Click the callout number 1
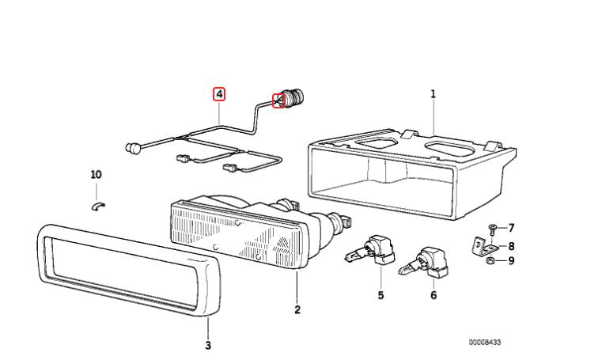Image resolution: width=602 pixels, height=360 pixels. pos(433,93)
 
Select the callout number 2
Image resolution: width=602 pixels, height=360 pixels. pos(297,309)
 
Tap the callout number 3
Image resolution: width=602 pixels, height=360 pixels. pos(208,345)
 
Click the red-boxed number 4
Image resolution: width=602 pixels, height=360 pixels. pos(219,93)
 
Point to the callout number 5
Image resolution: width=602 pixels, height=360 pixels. pos(381,295)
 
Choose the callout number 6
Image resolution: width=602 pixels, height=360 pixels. pos(433,295)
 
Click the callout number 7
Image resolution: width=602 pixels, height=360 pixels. pos(511,228)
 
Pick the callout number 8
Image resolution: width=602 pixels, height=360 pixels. pos(511,245)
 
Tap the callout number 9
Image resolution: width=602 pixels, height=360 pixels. pos(511,260)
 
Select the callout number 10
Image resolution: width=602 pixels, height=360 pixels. pos(97,174)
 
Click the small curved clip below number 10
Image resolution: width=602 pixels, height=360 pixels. pos(100,207)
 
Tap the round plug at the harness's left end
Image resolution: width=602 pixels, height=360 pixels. pos(133,147)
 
